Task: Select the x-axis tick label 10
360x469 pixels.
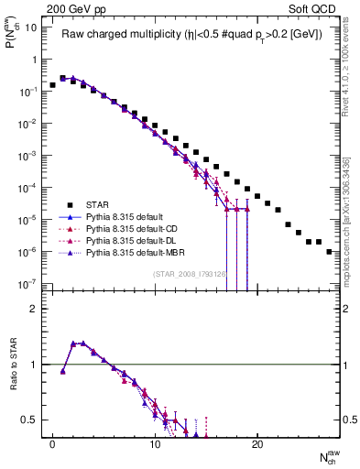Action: coord(156,452)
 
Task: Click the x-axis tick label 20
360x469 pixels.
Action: coord(258,452)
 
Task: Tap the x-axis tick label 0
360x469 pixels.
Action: coord(53,452)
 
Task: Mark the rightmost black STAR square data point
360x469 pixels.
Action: coord(329,251)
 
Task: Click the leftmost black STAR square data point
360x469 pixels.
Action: coord(53,85)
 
